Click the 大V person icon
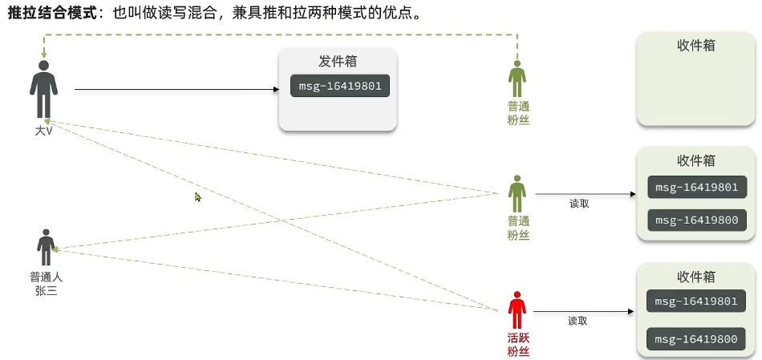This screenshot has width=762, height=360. click(44, 90)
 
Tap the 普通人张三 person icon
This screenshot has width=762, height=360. click(46, 247)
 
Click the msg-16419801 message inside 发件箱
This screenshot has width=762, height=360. click(340, 86)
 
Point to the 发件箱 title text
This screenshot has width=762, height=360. click(338, 62)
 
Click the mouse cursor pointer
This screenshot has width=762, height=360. click(198, 196)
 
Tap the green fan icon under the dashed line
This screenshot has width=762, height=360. click(517, 79)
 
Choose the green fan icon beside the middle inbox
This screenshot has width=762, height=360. click(517, 194)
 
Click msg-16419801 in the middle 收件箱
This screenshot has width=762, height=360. click(695, 188)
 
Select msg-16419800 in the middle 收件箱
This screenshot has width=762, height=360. click(695, 220)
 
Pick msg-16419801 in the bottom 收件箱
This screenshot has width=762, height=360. click(695, 301)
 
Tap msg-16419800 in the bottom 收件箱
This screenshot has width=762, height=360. click(695, 339)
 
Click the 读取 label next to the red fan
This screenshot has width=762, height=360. click(578, 321)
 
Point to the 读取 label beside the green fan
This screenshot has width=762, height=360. click(579, 204)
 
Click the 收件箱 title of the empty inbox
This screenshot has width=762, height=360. click(696, 46)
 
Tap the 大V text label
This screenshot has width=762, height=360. click(43, 130)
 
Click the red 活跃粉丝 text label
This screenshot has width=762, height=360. click(518, 345)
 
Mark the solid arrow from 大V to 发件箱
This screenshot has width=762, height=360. click(176, 91)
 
